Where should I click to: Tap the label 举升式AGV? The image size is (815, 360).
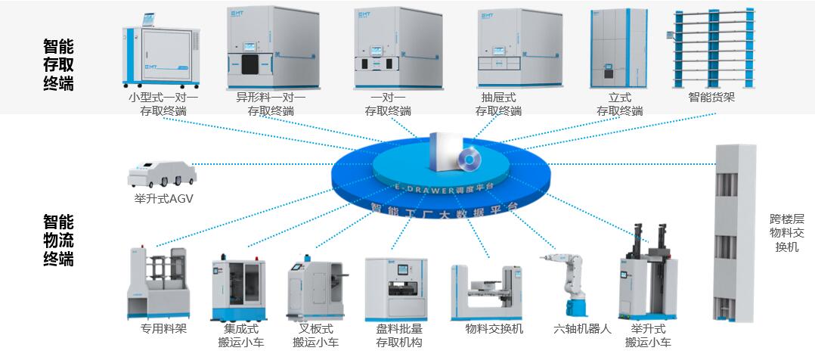(x=159, y=198)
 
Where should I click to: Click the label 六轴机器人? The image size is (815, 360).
(x=581, y=329)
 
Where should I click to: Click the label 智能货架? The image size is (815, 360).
(x=711, y=98)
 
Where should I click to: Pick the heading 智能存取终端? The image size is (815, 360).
(x=58, y=65)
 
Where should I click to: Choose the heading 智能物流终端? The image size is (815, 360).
(x=58, y=240)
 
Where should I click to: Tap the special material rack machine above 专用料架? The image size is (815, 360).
(x=156, y=282)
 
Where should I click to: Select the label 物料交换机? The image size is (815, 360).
(x=494, y=329)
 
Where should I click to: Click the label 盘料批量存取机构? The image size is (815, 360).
(x=399, y=336)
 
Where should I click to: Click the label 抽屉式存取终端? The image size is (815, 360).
(x=498, y=104)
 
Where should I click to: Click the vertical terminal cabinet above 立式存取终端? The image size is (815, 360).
(x=620, y=47)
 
